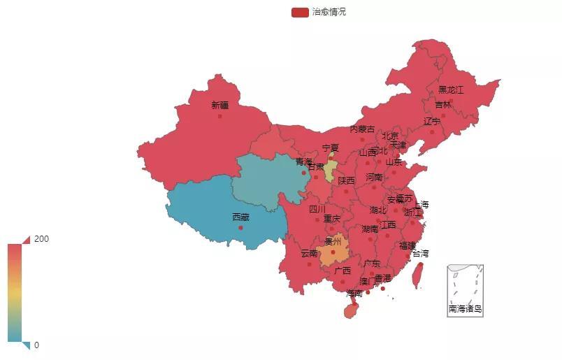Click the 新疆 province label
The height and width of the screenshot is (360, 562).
click(219, 106)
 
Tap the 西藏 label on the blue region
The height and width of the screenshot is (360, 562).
click(240, 217)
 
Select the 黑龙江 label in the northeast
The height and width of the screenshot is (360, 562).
click(451, 90)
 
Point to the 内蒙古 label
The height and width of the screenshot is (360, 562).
click(362, 129)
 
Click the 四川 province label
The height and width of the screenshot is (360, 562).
click(317, 209)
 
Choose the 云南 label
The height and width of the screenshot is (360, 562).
click(309, 254)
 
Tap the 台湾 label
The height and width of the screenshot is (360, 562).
click(419, 254)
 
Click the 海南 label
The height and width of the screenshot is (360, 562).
click(354, 294)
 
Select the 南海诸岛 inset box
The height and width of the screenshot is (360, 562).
click(466, 290)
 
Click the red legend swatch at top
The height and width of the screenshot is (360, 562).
click(300, 13)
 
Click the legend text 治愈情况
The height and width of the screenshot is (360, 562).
click(329, 13)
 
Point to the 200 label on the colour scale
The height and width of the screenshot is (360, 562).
click(41, 239)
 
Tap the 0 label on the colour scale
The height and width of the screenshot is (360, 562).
click(36, 345)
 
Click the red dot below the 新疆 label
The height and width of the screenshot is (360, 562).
click(219, 116)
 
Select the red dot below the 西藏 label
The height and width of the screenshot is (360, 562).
click(240, 227)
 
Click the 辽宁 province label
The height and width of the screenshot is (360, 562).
click(432, 122)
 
